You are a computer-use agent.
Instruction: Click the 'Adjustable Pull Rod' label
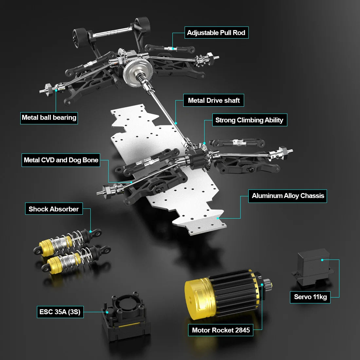point(216,33)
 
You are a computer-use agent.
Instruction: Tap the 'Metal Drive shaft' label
point(214,100)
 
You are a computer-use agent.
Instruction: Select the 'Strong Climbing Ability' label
point(249,120)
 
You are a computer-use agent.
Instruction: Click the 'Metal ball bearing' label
point(49,117)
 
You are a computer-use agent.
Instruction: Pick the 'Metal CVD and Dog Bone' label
point(61,160)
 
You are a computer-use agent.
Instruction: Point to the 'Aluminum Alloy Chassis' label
point(288,196)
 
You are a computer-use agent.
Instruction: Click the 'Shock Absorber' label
point(54,209)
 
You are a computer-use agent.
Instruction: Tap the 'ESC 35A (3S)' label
point(60,312)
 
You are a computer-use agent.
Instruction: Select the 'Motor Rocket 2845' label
point(221,330)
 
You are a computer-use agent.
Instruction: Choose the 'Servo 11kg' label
point(310,297)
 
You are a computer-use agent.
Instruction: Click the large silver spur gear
point(135,71)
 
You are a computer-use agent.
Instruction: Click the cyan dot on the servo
point(322,260)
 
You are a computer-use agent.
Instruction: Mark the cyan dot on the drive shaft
point(176,123)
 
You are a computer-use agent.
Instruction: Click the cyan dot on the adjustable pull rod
point(173,48)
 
